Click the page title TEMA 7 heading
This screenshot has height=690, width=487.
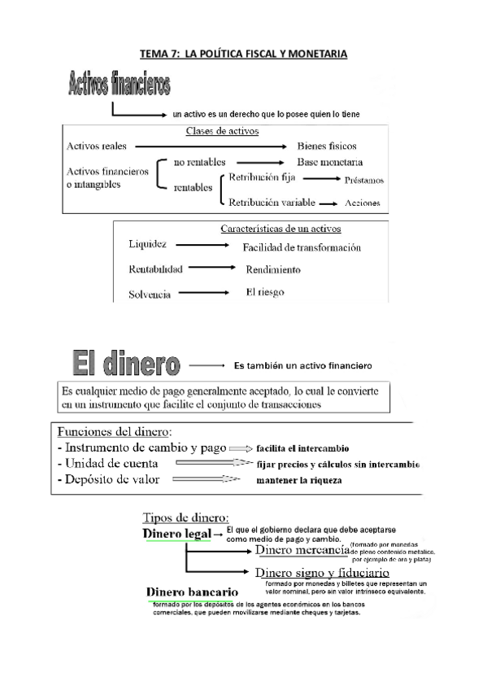(x=243, y=55)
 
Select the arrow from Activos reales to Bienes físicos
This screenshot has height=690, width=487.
(x=211, y=146)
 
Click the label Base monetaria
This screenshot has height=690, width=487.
(x=330, y=161)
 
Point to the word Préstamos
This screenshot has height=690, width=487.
(x=363, y=181)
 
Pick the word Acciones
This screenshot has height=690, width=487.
(x=363, y=203)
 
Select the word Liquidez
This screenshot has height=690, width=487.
(x=148, y=244)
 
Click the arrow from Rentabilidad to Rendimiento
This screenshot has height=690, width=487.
(x=213, y=269)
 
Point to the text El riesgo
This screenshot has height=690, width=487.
(x=265, y=291)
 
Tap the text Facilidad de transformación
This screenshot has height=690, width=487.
(x=302, y=247)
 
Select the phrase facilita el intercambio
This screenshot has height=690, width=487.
(x=302, y=448)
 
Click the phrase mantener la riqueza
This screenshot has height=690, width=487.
(x=298, y=481)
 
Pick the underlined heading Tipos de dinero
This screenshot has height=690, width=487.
(x=185, y=517)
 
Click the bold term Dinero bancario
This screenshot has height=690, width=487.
(x=192, y=592)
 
